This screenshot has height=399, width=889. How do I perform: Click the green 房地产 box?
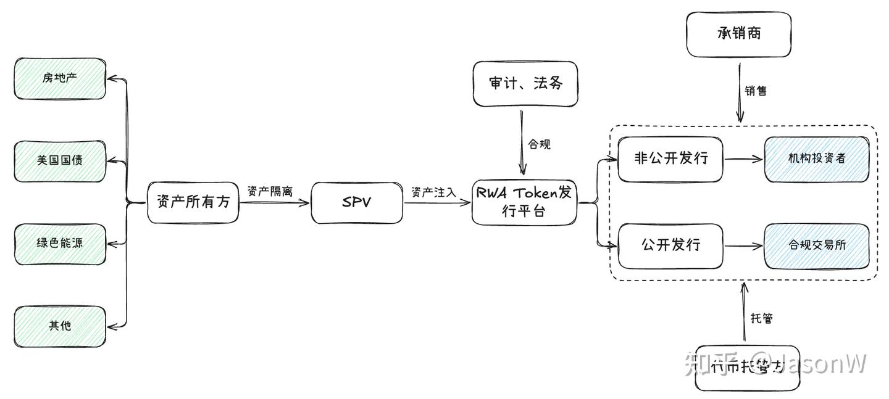coord(60,78)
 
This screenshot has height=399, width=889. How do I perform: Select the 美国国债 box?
coord(60,160)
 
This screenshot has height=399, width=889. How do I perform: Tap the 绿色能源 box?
coord(60,243)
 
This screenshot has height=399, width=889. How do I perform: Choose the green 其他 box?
coord(60,326)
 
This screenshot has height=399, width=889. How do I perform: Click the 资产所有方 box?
coord(193,202)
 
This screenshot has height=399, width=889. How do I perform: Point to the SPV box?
coord(356,202)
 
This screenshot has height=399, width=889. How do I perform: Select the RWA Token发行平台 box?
coord(524,202)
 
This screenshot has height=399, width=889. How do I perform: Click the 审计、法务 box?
coord(525,83)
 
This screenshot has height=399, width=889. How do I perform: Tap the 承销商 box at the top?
coord(738,34)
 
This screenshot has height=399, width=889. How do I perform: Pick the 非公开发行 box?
coord(670,158)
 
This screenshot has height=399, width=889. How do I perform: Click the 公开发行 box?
coord(670,245)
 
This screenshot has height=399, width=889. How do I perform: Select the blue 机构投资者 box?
coord(816,158)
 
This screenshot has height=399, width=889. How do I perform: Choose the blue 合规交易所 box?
coord(816,245)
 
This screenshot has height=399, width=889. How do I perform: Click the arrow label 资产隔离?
coord(269,191)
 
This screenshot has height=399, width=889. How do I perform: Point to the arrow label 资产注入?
coord(433,192)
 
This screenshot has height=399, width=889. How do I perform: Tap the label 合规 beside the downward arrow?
coord(538,144)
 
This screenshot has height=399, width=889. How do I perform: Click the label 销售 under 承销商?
coord(755,91)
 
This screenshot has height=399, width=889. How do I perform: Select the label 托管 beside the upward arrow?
coord(761,318)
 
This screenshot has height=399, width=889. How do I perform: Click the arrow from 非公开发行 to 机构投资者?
coord(743,158)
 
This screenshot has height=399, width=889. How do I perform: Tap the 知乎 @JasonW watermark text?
coord(775,364)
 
